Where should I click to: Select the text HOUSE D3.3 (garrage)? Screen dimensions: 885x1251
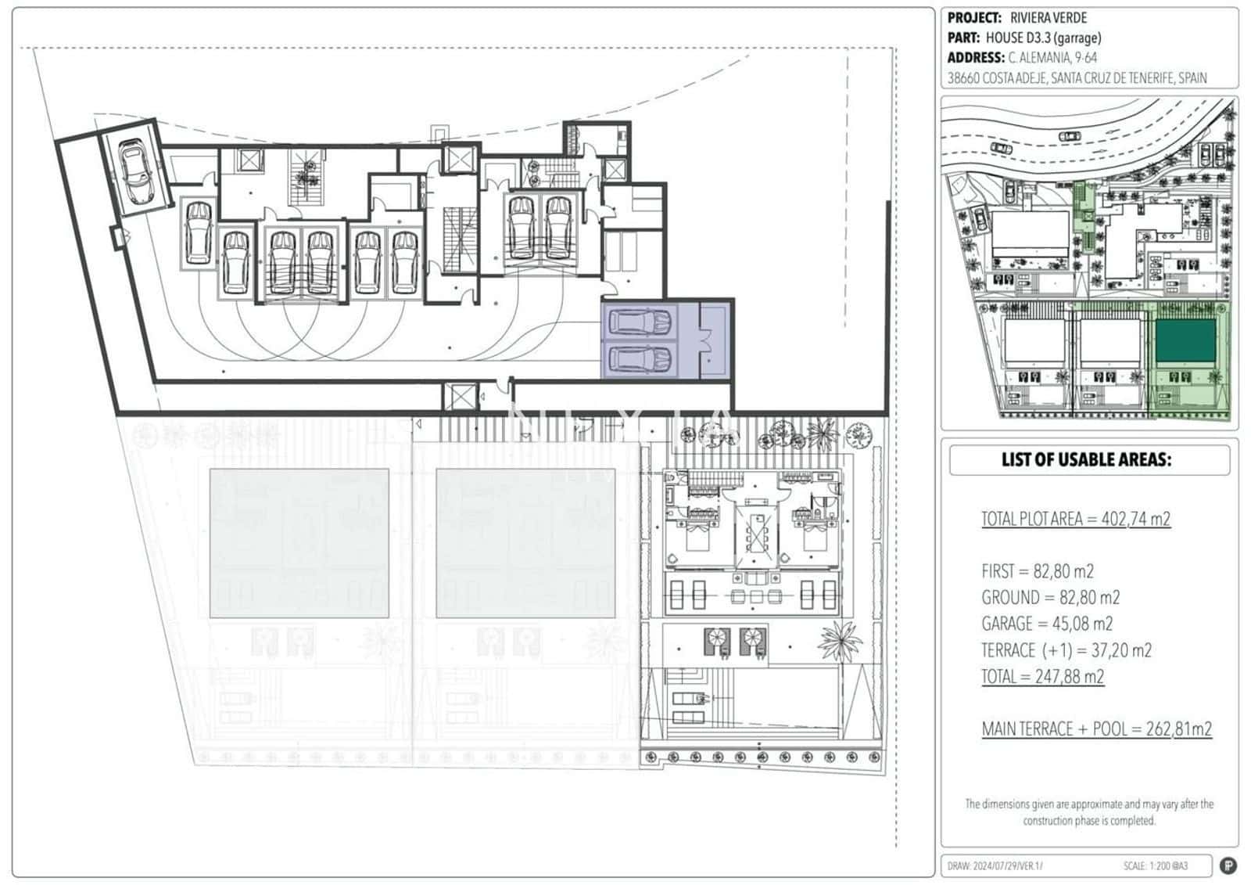pyautogui.click(x=1043, y=38)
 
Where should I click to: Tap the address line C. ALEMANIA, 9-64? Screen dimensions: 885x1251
pyautogui.click(x=1052, y=58)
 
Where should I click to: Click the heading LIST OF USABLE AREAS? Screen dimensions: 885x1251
pyautogui.click(x=1086, y=460)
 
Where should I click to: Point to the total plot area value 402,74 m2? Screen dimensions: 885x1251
pyautogui.click(x=1135, y=519)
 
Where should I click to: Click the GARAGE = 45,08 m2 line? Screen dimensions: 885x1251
pyautogui.click(x=1047, y=624)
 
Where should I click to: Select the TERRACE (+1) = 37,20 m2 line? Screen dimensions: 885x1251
pyautogui.click(x=1066, y=650)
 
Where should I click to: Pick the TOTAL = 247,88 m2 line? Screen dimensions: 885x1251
pyautogui.click(x=1042, y=677)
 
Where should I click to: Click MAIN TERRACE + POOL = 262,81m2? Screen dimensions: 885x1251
pyautogui.click(x=1096, y=729)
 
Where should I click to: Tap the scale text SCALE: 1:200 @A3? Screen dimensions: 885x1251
pyautogui.click(x=1155, y=866)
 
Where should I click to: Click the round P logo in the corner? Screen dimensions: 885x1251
pyautogui.click(x=1228, y=865)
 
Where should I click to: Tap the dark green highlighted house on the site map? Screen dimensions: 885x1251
pyautogui.click(x=1185, y=340)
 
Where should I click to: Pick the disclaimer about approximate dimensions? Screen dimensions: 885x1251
pyautogui.click(x=1089, y=812)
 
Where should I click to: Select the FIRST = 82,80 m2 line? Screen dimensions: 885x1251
pyautogui.click(x=1038, y=571)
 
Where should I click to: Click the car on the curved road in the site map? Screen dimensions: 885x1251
pyautogui.click(x=1068, y=136)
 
